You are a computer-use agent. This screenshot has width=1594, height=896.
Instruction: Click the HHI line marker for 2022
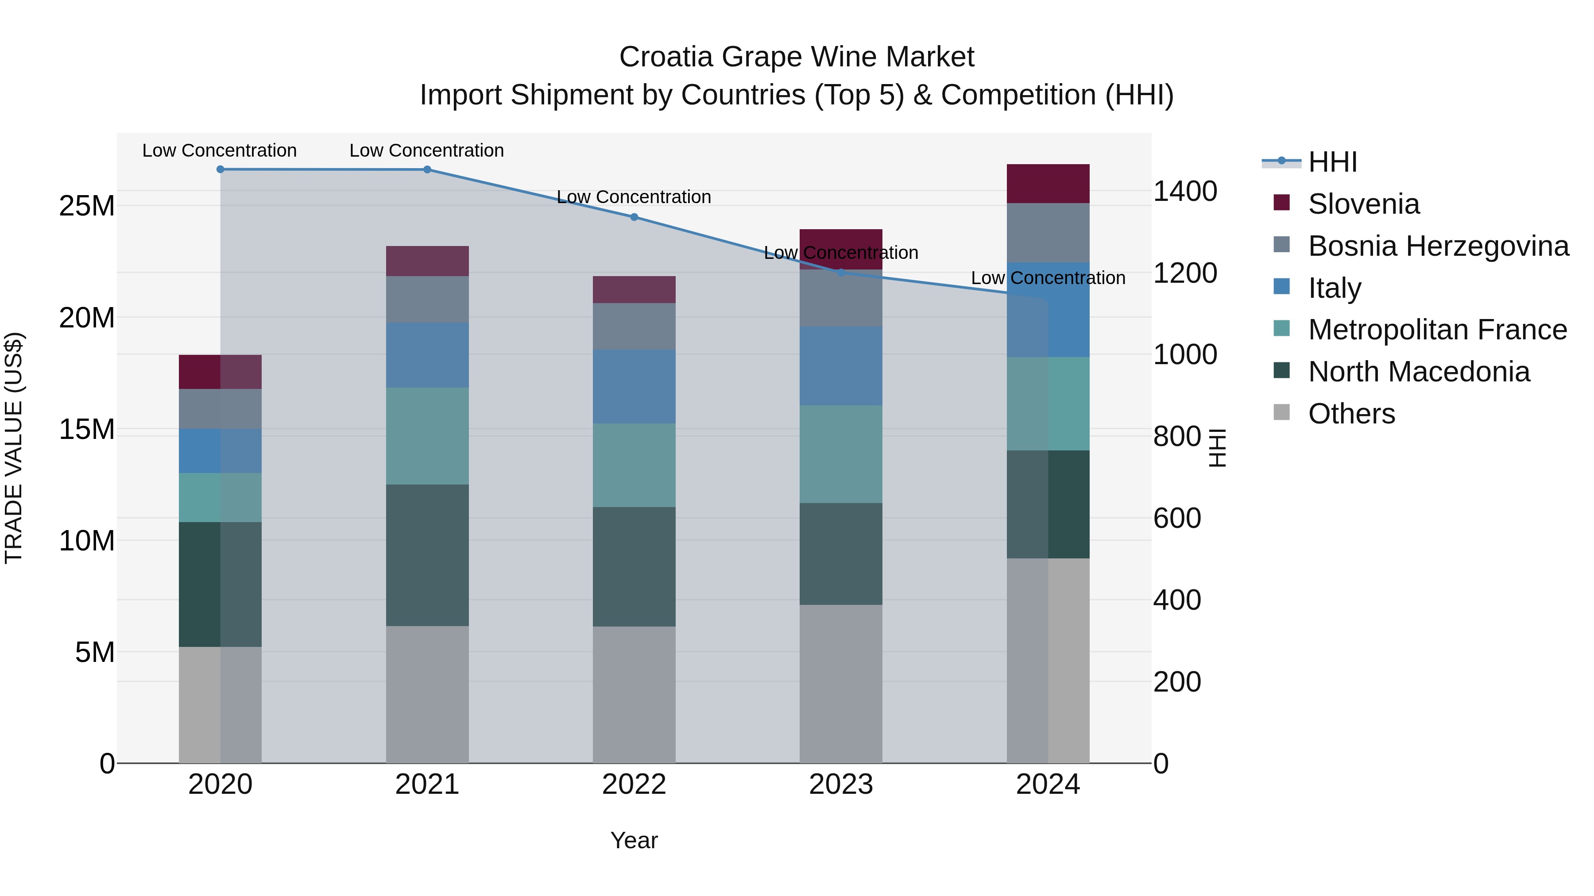(x=634, y=217)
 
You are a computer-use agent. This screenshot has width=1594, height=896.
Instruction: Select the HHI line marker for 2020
(x=221, y=169)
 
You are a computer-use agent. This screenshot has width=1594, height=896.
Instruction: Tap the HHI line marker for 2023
(x=841, y=272)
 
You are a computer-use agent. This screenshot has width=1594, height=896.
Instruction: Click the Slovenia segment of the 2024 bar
(x=1048, y=184)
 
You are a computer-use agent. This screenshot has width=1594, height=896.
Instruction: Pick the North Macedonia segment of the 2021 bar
(x=427, y=555)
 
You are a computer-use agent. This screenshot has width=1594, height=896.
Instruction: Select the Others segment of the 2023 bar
(x=841, y=683)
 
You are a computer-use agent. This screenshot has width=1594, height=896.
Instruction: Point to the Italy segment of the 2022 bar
(x=634, y=386)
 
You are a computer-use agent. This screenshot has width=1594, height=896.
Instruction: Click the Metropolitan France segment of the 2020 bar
(x=221, y=497)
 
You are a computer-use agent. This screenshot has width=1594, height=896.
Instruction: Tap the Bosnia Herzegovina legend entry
(x=1437, y=246)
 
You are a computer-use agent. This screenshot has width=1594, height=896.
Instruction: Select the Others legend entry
(x=1351, y=414)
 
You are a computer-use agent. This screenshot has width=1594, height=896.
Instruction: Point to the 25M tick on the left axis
(x=87, y=206)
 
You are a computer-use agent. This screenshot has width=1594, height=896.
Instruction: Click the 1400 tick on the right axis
(x=1184, y=191)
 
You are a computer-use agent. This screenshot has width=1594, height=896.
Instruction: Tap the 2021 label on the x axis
(x=427, y=784)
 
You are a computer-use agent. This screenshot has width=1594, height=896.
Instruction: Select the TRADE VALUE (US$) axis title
(x=14, y=448)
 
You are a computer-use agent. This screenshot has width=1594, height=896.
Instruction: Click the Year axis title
(x=634, y=840)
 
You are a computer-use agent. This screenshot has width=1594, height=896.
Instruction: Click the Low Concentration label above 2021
(x=426, y=150)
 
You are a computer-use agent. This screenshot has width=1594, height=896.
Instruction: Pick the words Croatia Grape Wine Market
(x=797, y=57)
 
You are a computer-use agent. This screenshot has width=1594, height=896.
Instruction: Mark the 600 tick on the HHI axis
(x=1176, y=518)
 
